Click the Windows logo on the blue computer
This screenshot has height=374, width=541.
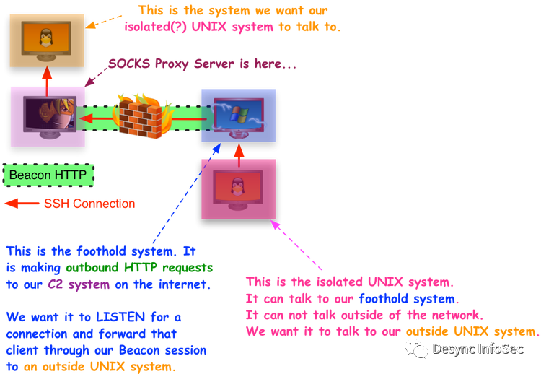coord(239,113)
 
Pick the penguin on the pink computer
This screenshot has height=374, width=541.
coord(237,186)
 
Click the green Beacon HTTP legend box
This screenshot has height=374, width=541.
coord(48,175)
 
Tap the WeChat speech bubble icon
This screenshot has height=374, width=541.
coord(416,349)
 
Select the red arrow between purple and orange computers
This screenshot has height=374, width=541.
coord(47,78)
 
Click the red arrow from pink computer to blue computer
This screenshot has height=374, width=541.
coord(238,151)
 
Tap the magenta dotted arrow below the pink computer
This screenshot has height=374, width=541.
coord(299,245)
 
